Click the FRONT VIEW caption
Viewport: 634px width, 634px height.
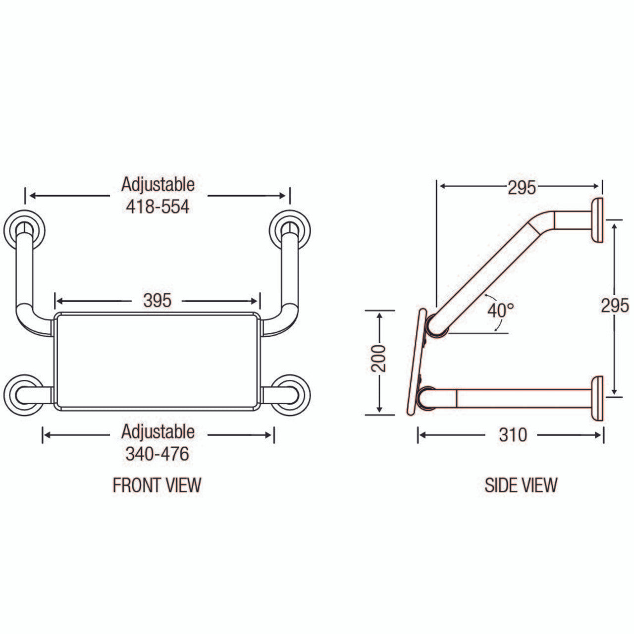[157, 485]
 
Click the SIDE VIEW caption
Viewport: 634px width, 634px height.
[521, 485]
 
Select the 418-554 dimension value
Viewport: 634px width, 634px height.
[158, 207]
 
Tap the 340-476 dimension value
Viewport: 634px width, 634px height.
[158, 454]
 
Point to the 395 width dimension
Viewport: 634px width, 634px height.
[157, 300]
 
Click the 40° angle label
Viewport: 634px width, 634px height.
[500, 311]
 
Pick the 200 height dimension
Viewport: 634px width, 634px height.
[379, 358]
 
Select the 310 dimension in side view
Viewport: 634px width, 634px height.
[513, 435]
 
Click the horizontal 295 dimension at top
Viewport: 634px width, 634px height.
[522, 187]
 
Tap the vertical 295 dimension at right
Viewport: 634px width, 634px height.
[615, 306]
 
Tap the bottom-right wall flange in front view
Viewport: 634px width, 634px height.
[291, 394]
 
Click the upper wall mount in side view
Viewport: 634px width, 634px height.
[597, 220]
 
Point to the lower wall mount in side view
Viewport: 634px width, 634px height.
[597, 398]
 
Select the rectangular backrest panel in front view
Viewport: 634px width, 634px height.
[157, 361]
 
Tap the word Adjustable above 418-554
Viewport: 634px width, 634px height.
[158, 184]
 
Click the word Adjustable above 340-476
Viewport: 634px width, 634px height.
[158, 431]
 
